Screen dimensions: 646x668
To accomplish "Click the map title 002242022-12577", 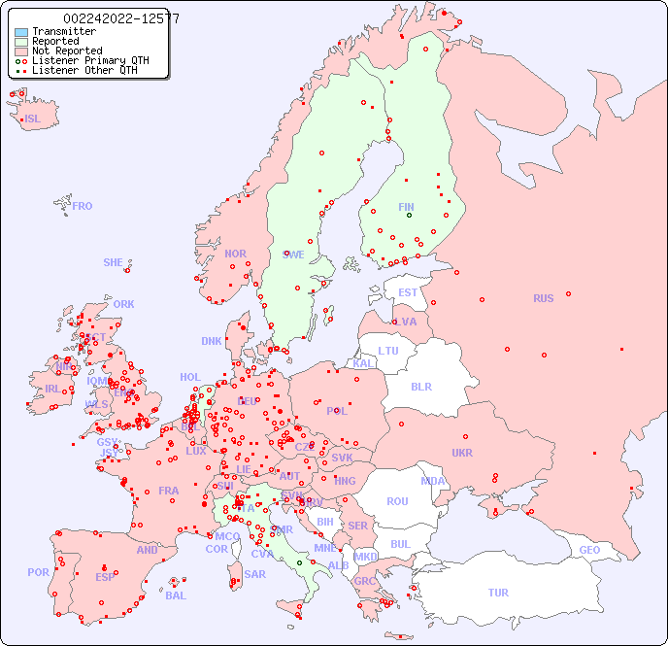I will coord(121,18).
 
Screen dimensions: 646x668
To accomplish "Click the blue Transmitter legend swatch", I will coord(21,31).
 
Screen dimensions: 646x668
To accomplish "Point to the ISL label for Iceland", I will coord(33,119).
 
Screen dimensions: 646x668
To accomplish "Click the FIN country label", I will coord(406,207).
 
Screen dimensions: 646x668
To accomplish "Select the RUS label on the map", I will coord(543,298).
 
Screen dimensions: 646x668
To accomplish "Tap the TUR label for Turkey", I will coord(498,593).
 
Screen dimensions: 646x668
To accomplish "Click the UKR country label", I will coord(462,453).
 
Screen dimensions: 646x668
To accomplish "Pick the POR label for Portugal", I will coord(38,572).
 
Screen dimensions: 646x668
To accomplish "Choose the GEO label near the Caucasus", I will coord(589,550).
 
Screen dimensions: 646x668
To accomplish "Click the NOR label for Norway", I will coord(235,254).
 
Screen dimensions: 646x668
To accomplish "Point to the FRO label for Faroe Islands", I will coord(83,206).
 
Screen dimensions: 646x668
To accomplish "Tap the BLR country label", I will coord(420,386).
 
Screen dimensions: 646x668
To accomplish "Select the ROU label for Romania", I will coord(397,501).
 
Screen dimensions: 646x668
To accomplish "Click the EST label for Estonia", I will coord(408,292).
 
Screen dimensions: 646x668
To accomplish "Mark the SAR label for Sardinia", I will coord(254,574).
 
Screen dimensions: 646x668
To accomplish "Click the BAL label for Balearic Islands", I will coord(175,595).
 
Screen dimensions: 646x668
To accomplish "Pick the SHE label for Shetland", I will coord(114,262).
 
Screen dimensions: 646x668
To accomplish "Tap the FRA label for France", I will coord(169,491).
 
